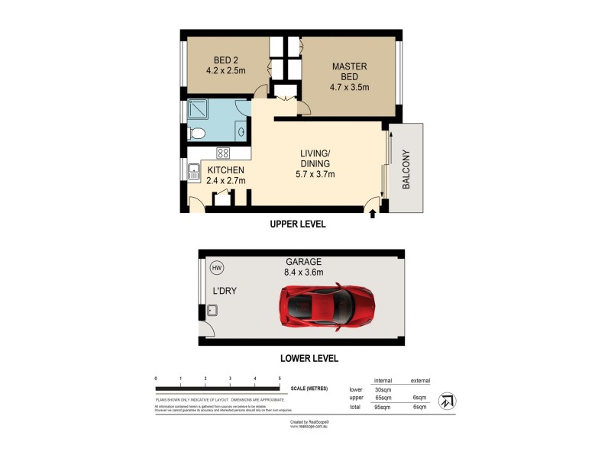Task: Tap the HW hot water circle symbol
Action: pos(217,268)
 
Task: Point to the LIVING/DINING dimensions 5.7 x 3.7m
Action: pos(315,175)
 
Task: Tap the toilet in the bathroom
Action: pos(196,134)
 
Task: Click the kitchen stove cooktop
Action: pos(223,153)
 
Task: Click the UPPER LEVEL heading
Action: pos(298,224)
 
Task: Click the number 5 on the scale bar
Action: pos(280,379)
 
